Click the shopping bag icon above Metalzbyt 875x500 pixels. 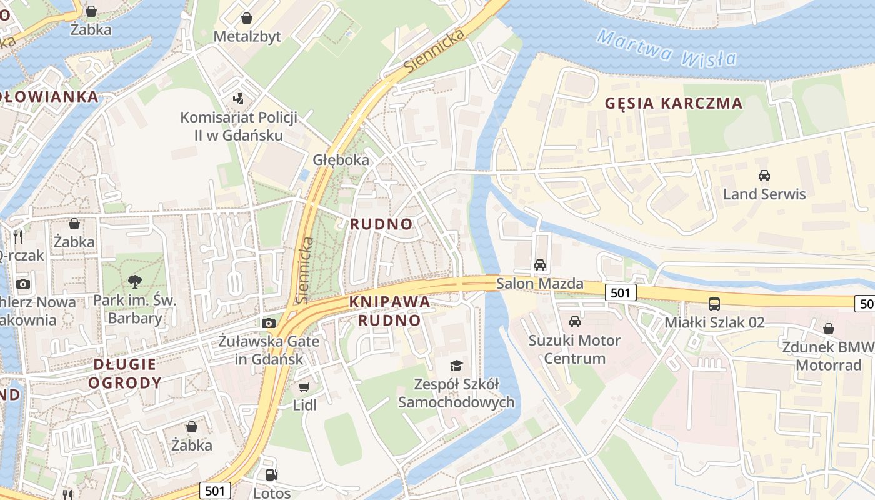(247, 18)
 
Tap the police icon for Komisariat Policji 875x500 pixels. (237, 99)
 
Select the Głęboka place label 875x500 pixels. (341, 160)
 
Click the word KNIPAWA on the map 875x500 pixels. (390, 302)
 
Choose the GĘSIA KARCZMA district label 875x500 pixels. (674, 104)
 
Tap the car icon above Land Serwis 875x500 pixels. (764, 176)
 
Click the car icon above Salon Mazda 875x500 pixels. (540, 265)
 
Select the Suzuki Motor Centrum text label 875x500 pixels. (574, 349)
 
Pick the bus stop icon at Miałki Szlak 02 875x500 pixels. (714, 304)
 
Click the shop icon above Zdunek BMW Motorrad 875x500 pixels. (829, 328)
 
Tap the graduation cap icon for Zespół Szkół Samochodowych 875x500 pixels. (457, 366)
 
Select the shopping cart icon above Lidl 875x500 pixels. (304, 387)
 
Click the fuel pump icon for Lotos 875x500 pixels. (271, 475)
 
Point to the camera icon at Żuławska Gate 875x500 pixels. (269, 323)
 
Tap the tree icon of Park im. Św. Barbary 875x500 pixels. (134, 281)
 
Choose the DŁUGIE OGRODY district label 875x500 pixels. (125, 373)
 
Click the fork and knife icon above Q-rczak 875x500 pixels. (18, 236)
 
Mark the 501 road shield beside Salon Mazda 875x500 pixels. (621, 292)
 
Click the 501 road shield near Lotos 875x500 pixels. (215, 491)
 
